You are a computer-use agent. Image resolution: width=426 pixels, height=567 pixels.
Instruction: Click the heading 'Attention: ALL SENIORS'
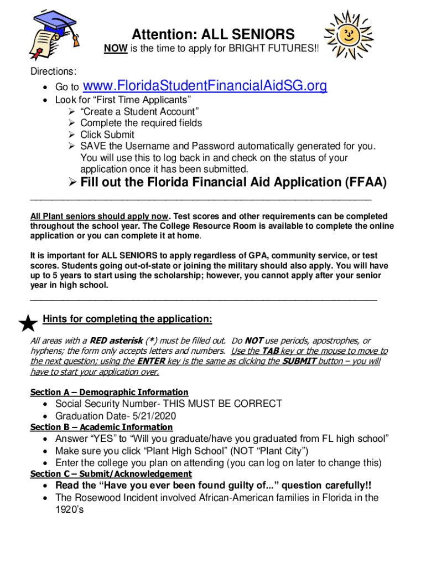(x=213, y=34)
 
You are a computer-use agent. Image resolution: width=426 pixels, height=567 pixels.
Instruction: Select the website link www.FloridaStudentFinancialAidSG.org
(x=205, y=86)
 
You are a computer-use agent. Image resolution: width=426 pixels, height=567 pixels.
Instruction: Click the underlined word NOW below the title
(x=116, y=49)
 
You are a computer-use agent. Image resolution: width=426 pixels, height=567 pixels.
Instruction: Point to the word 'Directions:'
(x=53, y=71)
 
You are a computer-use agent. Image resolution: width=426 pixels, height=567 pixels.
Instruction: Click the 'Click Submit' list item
(x=107, y=135)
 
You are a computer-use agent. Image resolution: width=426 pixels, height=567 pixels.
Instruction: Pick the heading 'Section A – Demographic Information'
(x=109, y=392)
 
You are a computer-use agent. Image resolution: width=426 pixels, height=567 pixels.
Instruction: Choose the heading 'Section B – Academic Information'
(x=101, y=427)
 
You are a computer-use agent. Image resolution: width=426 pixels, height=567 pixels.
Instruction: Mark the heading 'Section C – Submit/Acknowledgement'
(x=111, y=473)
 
